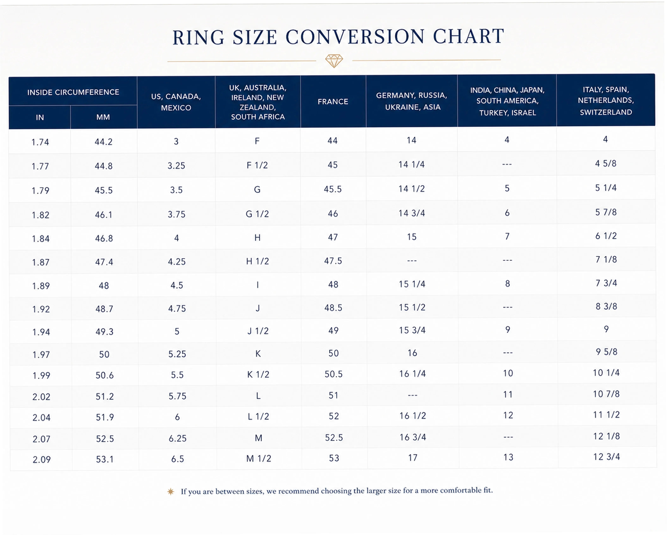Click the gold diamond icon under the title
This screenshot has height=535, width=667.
pyautogui.click(x=334, y=61)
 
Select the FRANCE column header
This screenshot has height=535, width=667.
pyautogui.click(x=333, y=102)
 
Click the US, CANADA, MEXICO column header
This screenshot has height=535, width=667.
pyautogui.click(x=176, y=102)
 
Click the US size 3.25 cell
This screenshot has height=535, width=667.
pyautogui.click(x=176, y=165)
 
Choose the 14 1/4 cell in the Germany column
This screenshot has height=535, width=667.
pyautogui.click(x=411, y=164)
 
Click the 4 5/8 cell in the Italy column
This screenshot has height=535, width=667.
pyautogui.click(x=606, y=163)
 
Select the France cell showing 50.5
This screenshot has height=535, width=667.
pyautogui.click(x=333, y=374)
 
